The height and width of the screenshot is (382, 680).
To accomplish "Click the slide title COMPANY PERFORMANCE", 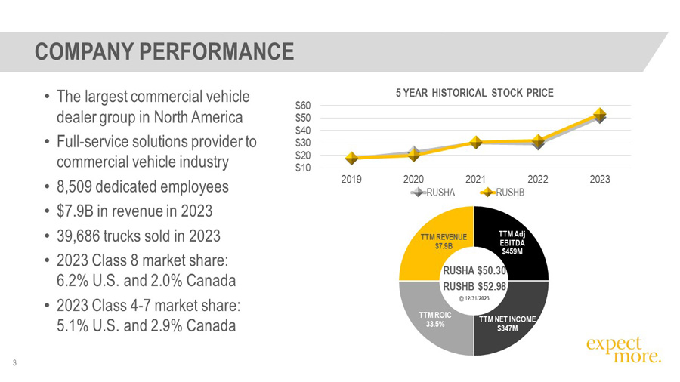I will tap(164, 51).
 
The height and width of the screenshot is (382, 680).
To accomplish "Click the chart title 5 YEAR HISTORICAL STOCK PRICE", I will tap(475, 93).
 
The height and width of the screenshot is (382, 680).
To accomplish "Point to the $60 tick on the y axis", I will tap(305, 106).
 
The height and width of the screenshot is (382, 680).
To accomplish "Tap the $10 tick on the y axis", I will tap(305, 168).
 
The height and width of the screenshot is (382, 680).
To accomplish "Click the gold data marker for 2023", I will tap(599, 114).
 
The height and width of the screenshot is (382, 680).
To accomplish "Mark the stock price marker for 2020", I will tap(413, 155).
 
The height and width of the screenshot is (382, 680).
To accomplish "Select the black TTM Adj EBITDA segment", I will tap(513, 242).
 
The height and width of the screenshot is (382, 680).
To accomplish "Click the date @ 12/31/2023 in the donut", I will tap(474, 300).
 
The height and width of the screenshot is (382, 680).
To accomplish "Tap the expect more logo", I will tap(623, 350).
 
